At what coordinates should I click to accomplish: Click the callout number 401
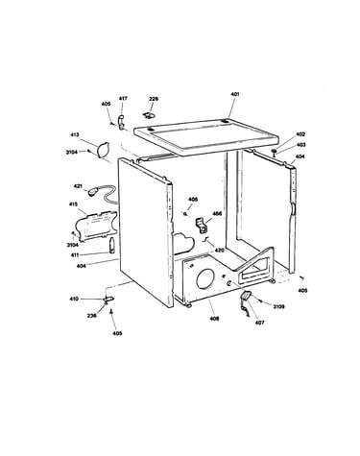click(235, 94)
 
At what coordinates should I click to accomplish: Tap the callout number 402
click(300, 134)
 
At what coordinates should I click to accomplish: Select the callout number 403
click(300, 145)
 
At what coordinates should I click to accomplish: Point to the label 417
click(123, 98)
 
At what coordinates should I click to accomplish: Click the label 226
click(154, 99)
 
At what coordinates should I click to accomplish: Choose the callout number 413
click(75, 134)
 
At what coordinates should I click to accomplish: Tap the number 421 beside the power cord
click(78, 186)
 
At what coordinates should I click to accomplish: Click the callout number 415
click(73, 204)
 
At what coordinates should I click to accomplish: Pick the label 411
click(75, 254)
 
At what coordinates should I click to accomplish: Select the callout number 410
click(74, 299)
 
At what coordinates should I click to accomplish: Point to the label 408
click(214, 319)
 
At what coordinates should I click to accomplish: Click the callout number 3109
click(278, 306)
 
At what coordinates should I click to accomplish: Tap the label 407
click(260, 323)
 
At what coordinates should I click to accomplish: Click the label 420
click(219, 251)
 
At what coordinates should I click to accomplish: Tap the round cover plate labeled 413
click(102, 150)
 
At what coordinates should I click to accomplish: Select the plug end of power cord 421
click(93, 193)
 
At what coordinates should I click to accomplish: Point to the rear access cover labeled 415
click(96, 226)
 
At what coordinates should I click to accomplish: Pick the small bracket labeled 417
click(121, 122)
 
